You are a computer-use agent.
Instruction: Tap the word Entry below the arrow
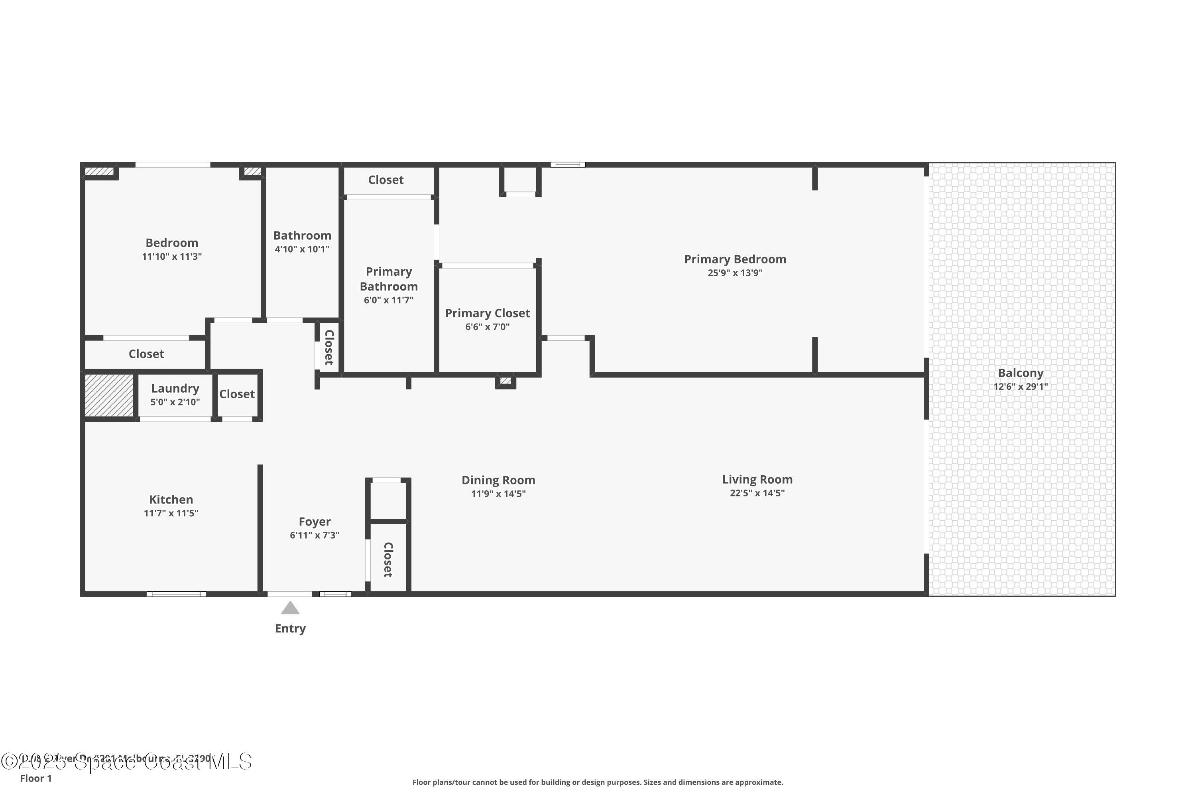tap(290, 628)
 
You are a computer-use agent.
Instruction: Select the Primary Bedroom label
tap(735, 260)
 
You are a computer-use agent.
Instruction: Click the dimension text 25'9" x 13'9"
tap(735, 273)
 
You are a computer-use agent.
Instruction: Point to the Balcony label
tap(1020, 373)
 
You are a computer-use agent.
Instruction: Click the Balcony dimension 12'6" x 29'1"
tap(1020, 387)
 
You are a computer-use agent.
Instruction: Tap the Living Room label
tap(757, 480)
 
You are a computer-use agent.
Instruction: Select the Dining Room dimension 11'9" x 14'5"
tap(498, 494)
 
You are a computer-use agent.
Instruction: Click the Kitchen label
tap(171, 500)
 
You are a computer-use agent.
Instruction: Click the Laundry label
tap(175, 389)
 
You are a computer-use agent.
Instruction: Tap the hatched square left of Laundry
tap(109, 395)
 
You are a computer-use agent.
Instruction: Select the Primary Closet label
tap(487, 314)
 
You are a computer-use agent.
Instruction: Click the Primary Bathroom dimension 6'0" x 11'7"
tap(388, 300)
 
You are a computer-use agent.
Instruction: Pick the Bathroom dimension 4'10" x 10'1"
tap(302, 249)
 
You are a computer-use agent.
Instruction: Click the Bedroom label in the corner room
tap(172, 243)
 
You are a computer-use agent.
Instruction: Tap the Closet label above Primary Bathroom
tap(386, 180)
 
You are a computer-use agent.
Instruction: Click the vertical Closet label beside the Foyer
tap(388, 560)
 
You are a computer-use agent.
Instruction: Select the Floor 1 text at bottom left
tap(35, 778)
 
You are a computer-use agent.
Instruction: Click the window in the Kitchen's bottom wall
tap(177, 594)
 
